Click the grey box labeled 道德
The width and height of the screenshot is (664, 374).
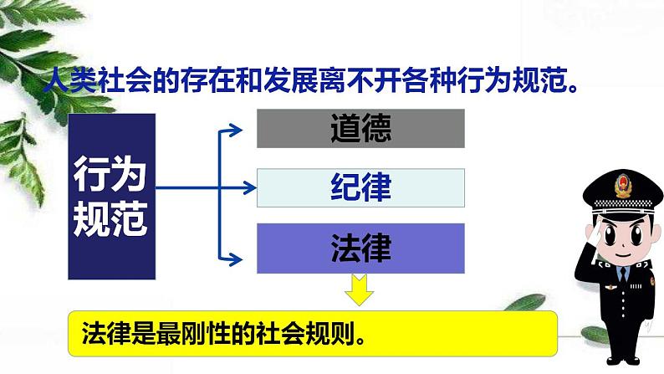click(360, 129)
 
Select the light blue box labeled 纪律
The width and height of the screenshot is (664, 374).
click(360, 188)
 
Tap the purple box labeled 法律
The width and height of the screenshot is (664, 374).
click(360, 248)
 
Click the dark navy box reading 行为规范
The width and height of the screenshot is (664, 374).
click(111, 197)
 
